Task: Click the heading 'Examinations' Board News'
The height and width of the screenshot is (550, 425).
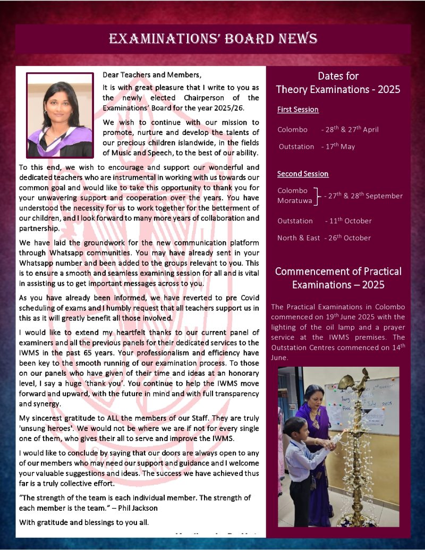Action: (x=213, y=39)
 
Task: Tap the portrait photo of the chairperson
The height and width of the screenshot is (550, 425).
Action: (x=60, y=115)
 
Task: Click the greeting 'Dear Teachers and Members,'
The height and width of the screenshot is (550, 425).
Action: (x=152, y=74)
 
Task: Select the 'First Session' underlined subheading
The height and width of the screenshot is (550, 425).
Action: (x=298, y=109)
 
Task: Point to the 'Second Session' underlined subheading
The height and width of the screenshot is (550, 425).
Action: (x=303, y=174)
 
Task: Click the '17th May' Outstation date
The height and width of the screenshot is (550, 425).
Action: (x=341, y=146)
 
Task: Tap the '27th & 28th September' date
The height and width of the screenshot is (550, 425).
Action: (x=366, y=196)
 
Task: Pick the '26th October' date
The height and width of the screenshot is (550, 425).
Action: (x=351, y=238)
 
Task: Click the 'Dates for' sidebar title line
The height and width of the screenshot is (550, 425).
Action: (x=338, y=76)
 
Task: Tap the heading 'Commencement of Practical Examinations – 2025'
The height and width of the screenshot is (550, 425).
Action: (x=338, y=278)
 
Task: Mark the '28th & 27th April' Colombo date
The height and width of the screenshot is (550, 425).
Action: (x=353, y=129)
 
